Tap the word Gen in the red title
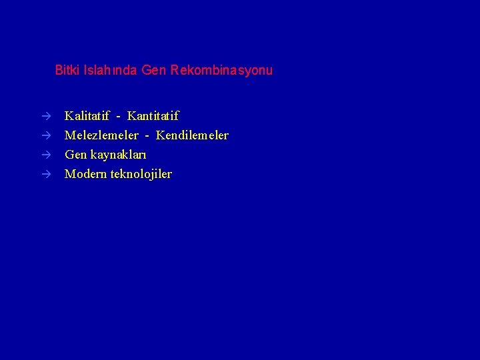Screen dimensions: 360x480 [x=154, y=70]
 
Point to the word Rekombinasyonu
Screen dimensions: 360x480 [x=221, y=70]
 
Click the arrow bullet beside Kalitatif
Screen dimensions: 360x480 [x=46, y=117]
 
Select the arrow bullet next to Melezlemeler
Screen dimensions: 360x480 [x=46, y=136]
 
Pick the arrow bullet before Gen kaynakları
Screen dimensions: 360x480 [x=46, y=155]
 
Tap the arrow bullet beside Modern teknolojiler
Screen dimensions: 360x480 [x=46, y=175]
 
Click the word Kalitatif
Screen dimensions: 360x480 [x=87, y=117]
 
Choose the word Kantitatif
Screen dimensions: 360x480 [x=153, y=117]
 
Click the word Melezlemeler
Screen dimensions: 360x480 [x=101, y=136]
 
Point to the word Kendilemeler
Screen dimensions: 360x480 [x=192, y=136]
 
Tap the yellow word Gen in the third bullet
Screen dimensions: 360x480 [x=75, y=155]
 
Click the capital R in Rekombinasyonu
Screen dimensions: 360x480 [x=174, y=70]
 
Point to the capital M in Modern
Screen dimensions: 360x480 [x=69, y=175]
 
